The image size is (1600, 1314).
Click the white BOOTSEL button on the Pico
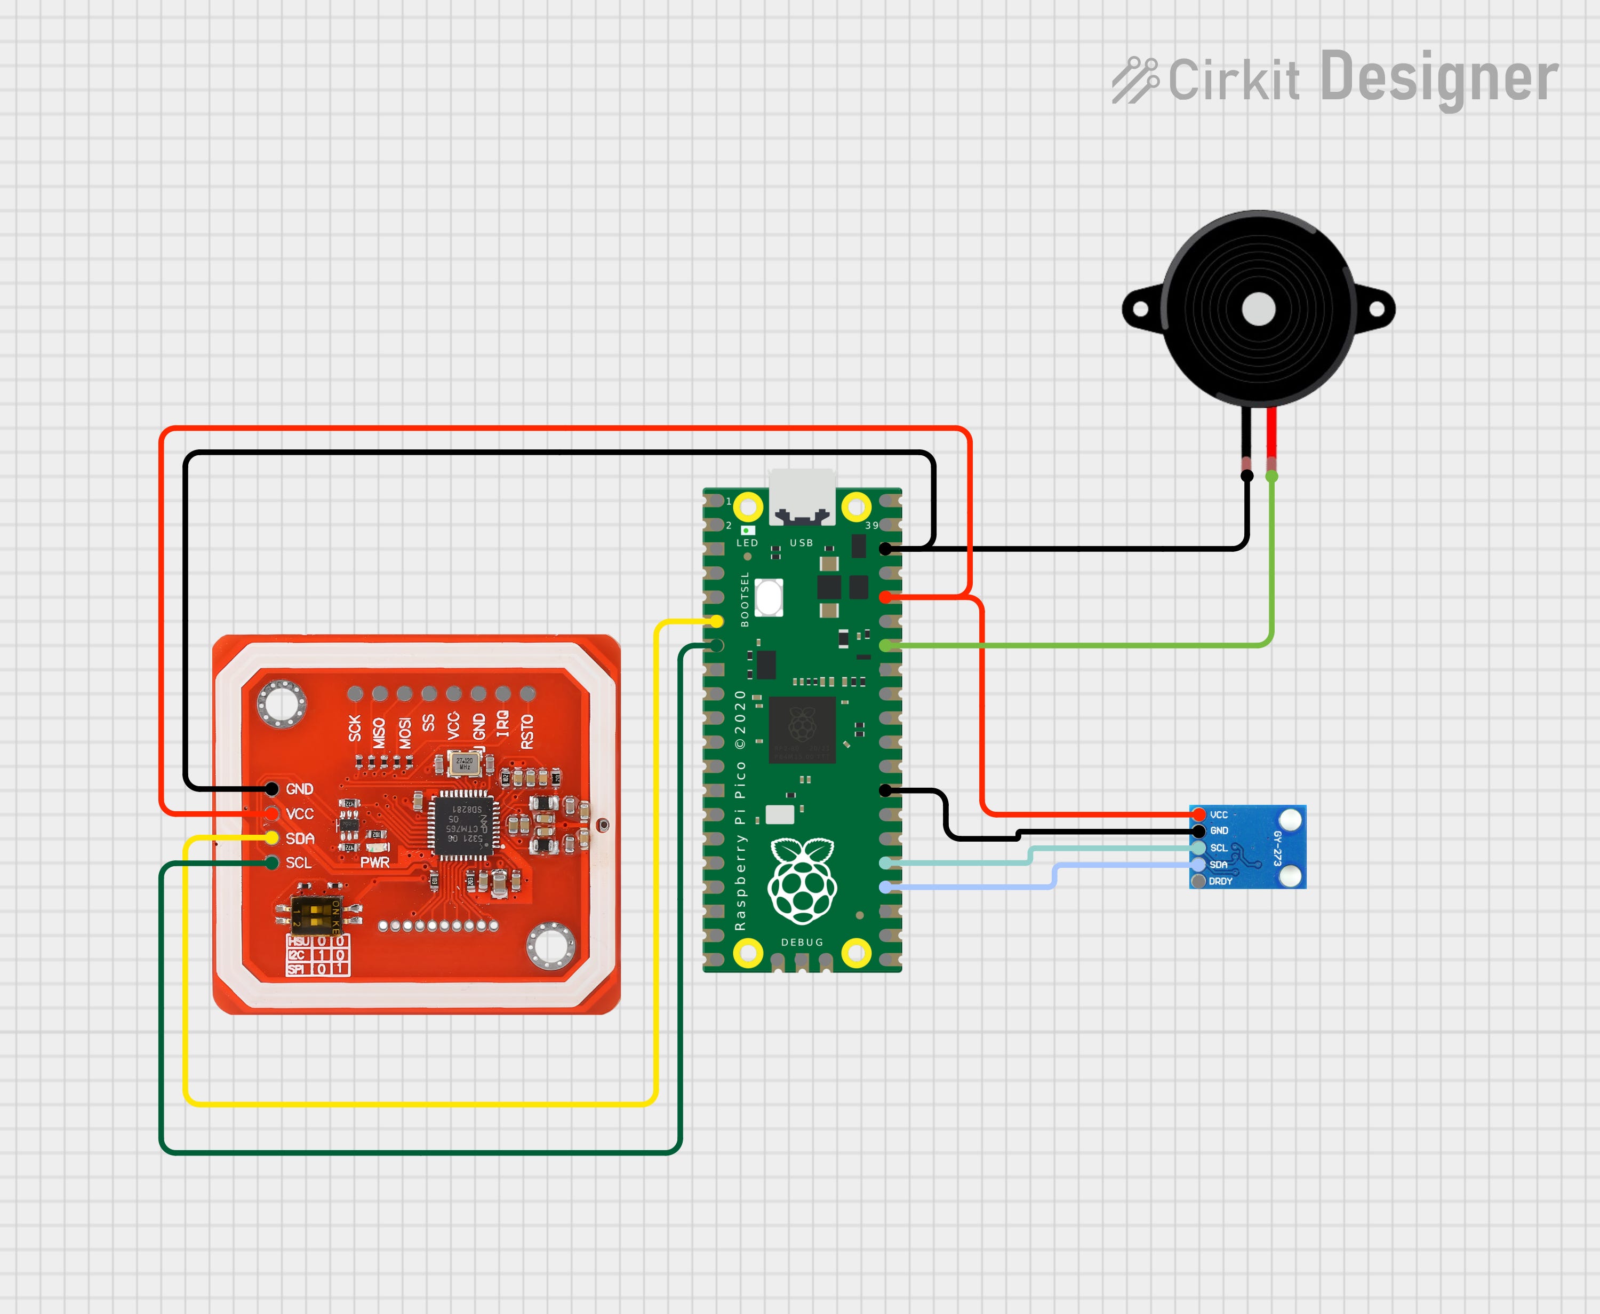[x=769, y=598]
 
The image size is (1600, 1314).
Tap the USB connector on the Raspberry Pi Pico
[x=802, y=496]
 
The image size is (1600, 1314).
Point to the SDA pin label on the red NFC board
[x=300, y=838]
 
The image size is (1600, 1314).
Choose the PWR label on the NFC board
[x=374, y=862]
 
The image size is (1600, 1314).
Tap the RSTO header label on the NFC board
[x=527, y=731]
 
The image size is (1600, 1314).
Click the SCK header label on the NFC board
[x=355, y=728]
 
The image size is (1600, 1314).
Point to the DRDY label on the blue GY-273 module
[x=1220, y=882]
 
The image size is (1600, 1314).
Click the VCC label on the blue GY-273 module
[x=1219, y=815]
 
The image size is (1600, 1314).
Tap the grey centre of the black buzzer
[x=1259, y=309]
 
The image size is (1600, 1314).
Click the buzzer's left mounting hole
[x=1140, y=310]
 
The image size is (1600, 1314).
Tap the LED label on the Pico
[x=747, y=543]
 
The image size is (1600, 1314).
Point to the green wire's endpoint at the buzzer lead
[x=1271, y=476]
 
